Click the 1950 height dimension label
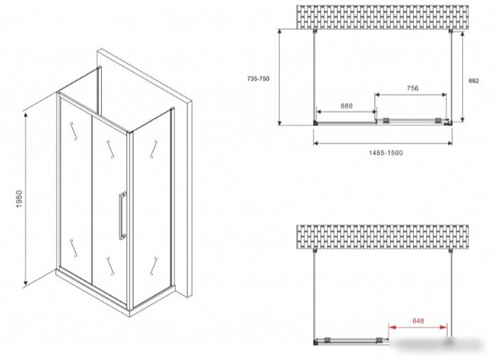click(x=19, y=199)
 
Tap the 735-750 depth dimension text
click(x=258, y=79)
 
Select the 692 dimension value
click(x=473, y=81)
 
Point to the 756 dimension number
click(x=412, y=89)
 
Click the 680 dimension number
click(x=346, y=106)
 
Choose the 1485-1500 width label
click(x=386, y=153)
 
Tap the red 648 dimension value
click(x=418, y=321)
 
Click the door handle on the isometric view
click(x=122, y=216)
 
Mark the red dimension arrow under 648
click(x=418, y=327)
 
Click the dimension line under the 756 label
click(x=410, y=94)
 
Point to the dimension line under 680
click(x=346, y=112)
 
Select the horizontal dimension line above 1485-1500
click(x=383, y=143)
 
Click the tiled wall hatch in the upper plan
click(x=383, y=17)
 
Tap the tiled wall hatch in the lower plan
click(x=383, y=237)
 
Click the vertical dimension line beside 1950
click(x=26, y=198)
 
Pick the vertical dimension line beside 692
click(x=463, y=77)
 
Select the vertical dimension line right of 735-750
click(x=280, y=77)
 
